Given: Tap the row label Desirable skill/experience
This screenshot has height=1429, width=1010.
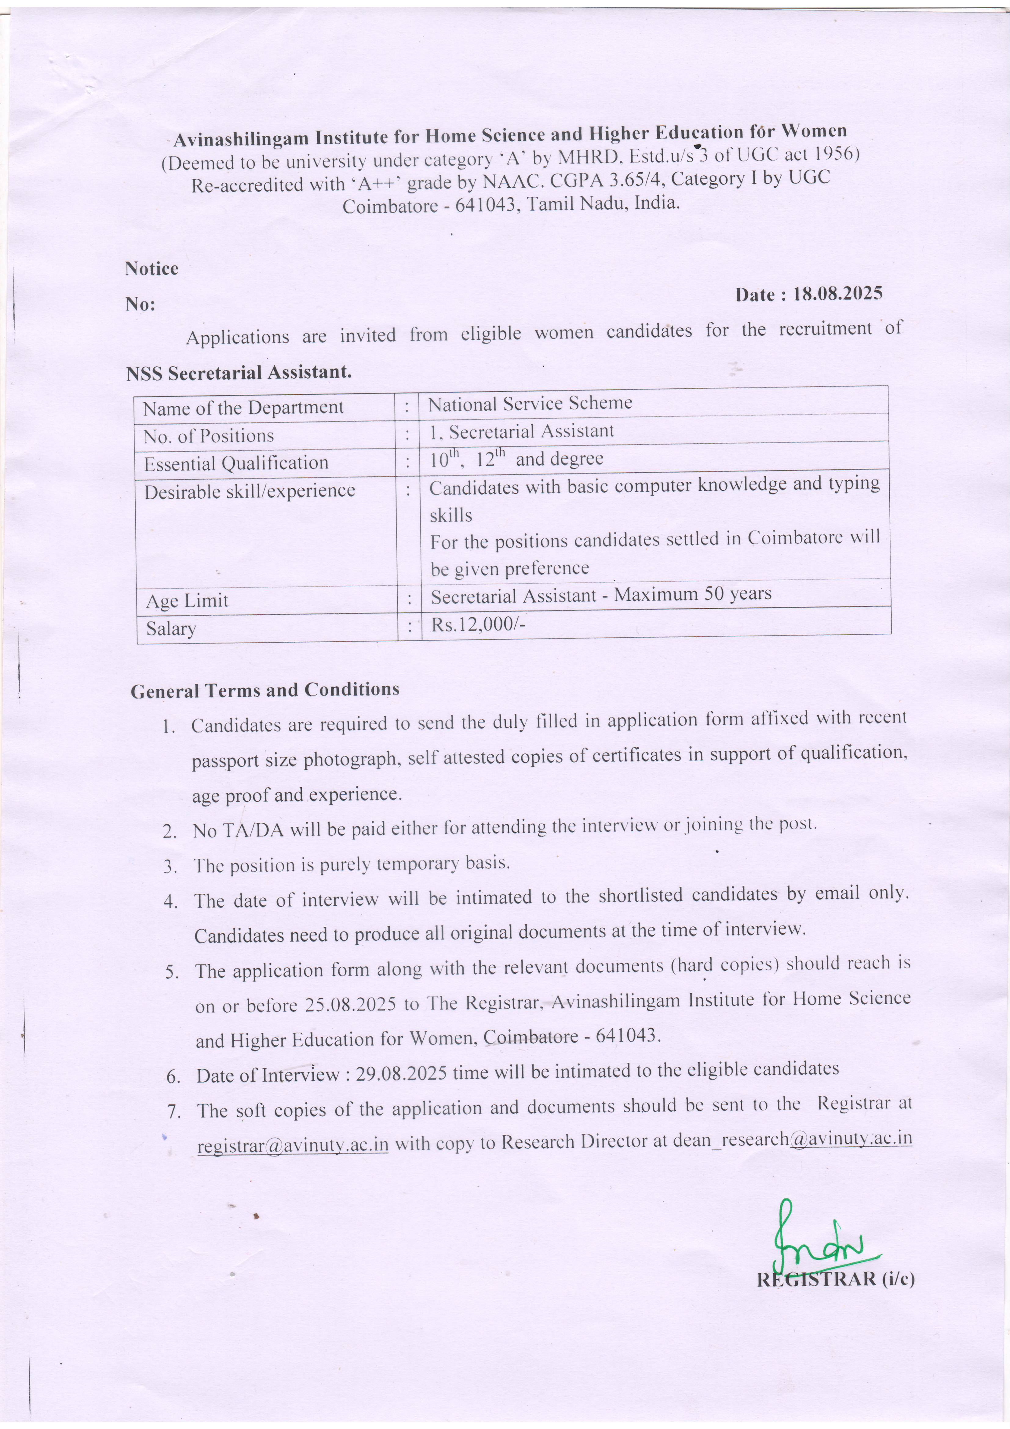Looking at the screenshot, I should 250,491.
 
